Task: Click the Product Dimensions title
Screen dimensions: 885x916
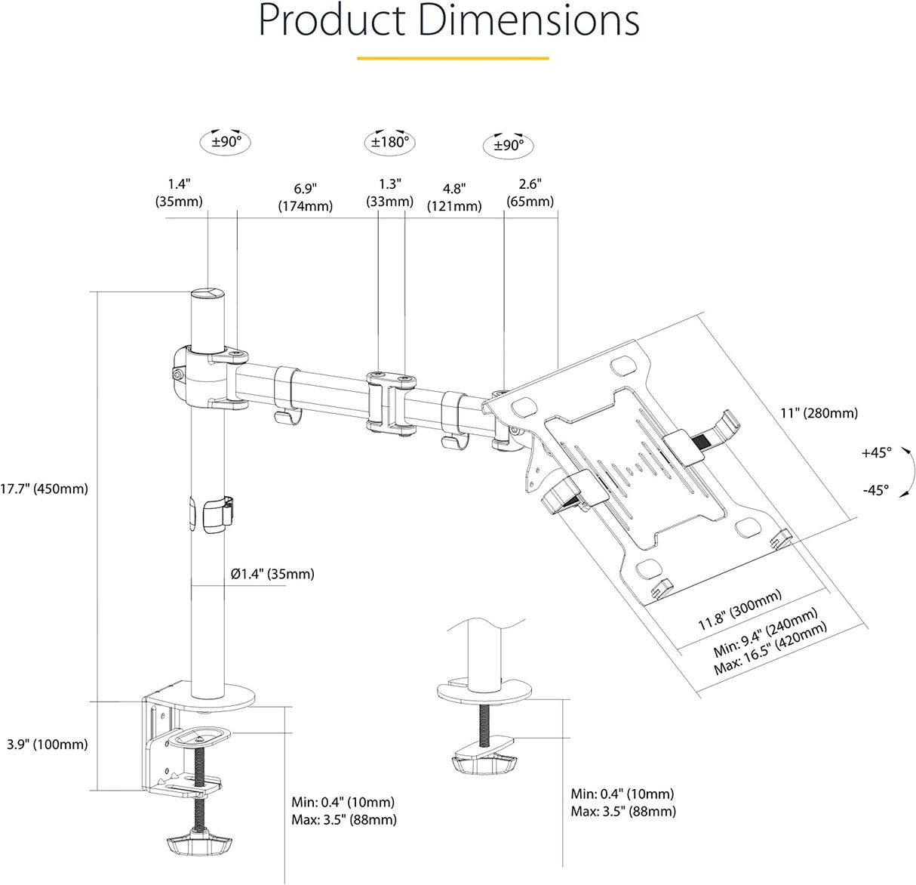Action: (449, 21)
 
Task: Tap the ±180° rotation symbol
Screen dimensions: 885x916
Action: (389, 142)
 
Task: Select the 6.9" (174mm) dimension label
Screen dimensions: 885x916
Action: (305, 198)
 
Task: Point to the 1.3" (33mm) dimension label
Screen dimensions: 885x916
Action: (389, 193)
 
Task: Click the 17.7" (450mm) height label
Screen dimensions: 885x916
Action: (44, 489)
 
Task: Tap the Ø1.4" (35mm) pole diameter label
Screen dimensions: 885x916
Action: (272, 574)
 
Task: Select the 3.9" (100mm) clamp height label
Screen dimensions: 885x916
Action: (47, 745)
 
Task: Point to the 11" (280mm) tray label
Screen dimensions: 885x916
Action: (819, 413)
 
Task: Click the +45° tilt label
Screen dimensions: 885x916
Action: (876, 452)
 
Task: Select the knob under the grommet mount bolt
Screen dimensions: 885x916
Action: (484, 764)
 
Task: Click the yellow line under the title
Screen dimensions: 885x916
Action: (453, 58)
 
